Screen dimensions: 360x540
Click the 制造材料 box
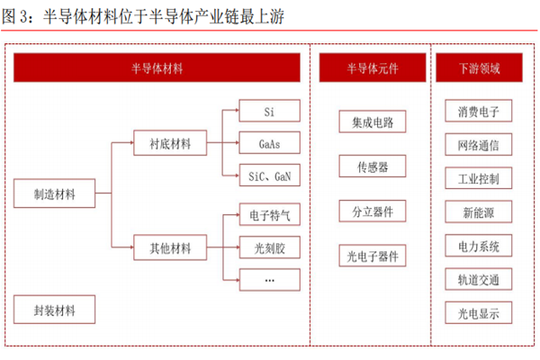tap(55, 193)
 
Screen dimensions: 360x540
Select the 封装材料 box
tap(55, 310)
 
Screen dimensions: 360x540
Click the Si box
tap(269, 112)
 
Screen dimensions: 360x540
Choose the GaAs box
tap(269, 143)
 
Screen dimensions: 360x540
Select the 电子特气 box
tap(269, 215)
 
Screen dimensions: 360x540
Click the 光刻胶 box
tap(269, 247)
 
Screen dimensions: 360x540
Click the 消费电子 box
tap(478, 112)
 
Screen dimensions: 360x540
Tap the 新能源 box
tap(478, 211)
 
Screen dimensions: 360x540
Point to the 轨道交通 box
tap(478, 279)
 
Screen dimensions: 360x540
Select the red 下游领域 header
tap(478, 67)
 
